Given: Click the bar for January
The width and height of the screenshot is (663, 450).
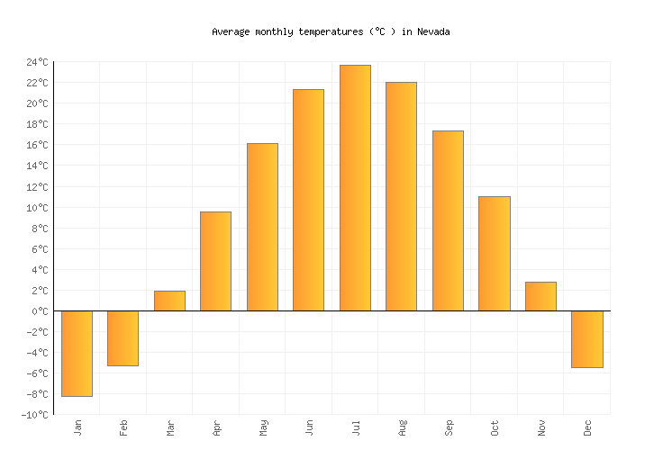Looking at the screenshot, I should [77, 353].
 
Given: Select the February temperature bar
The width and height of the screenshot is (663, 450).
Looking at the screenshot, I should [123, 337].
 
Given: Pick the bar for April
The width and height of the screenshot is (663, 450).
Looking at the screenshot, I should [215, 261].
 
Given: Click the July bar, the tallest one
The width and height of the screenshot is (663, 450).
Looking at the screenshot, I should [355, 187].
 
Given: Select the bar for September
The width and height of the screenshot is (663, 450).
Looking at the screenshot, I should [448, 220].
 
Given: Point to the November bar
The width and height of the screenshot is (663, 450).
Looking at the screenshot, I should [540, 296].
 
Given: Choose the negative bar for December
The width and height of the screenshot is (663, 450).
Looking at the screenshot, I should [586, 338].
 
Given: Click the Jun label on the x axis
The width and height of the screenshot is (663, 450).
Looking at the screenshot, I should [309, 427].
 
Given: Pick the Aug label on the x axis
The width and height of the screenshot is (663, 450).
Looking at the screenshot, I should [402, 427].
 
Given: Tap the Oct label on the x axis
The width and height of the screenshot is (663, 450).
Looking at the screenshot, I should [495, 427].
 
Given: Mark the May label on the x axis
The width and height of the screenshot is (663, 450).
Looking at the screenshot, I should [263, 427].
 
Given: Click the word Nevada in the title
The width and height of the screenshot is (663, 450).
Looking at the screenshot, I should [433, 31].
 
